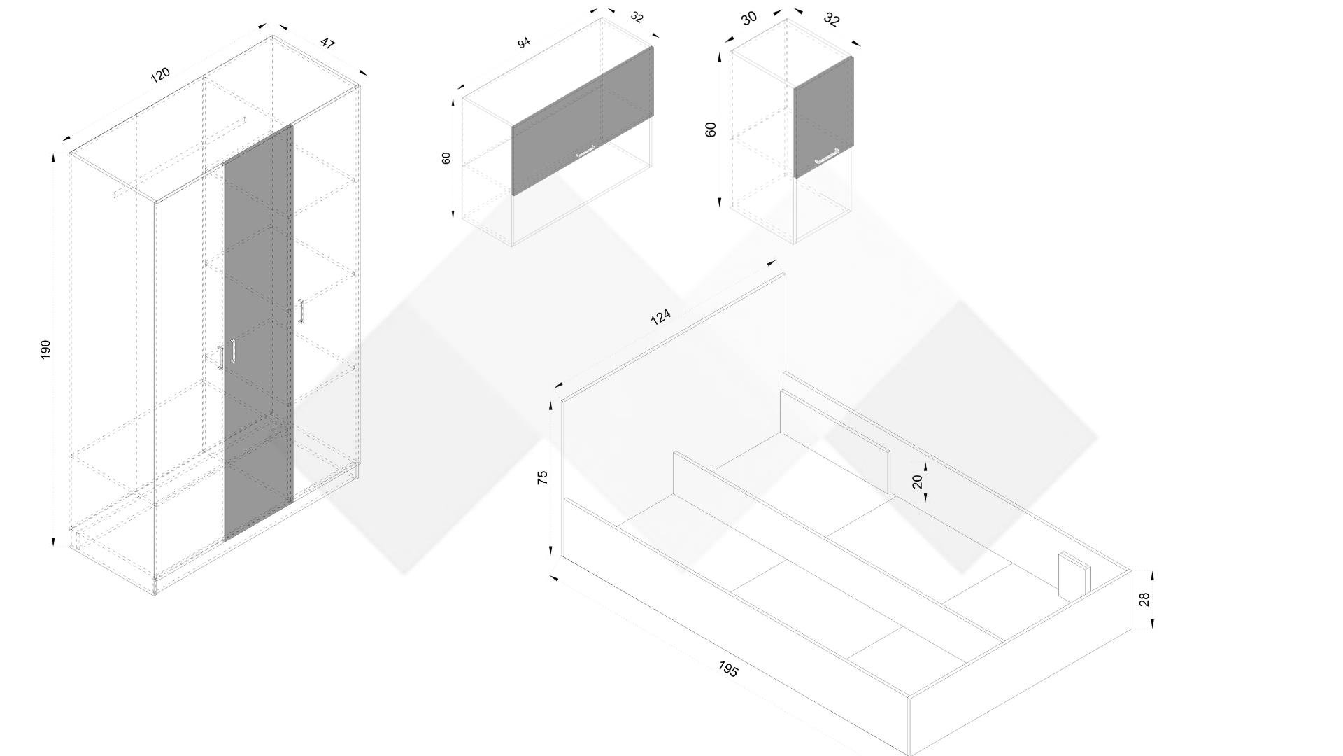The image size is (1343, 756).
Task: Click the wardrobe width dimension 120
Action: (160, 74)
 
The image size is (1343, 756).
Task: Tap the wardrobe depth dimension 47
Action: (327, 43)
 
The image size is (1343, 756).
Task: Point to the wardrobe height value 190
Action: (46, 350)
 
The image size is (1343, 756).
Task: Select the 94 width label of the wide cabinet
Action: (523, 43)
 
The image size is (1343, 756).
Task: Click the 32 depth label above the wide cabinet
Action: (637, 17)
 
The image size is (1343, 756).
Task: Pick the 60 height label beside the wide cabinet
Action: (446, 158)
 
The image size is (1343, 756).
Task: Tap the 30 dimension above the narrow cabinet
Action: (749, 18)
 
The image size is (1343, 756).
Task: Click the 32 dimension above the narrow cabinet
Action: (831, 19)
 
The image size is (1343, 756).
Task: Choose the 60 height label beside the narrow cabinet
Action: (711, 129)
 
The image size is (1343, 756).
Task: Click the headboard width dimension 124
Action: (660, 317)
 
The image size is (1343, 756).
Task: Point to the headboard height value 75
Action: (542, 477)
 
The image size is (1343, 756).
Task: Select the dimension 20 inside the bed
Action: (918, 481)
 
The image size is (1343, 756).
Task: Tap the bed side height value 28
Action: (1144, 599)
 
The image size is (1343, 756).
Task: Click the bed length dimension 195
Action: (728, 669)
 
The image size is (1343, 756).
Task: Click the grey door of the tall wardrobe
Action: (257, 332)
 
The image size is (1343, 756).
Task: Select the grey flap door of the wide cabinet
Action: (583, 120)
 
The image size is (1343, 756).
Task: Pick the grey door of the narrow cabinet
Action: (823, 117)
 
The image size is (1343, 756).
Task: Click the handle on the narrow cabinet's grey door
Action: (827, 156)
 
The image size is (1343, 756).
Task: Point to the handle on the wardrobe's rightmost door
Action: (301, 311)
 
